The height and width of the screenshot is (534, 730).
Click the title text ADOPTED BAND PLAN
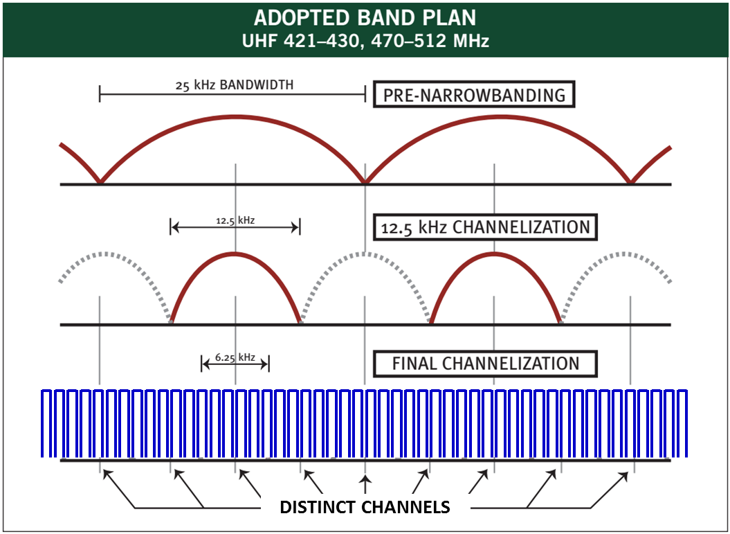(365, 17)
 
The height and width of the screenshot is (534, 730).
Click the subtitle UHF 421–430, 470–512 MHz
(365, 41)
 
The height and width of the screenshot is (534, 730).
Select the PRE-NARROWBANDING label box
(474, 95)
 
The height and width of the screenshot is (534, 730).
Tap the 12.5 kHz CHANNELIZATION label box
(484, 226)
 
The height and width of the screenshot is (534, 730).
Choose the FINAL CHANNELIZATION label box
(485, 363)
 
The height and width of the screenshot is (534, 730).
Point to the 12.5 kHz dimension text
(235, 221)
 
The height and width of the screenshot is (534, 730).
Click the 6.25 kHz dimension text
(235, 357)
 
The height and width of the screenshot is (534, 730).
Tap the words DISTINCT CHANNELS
(365, 508)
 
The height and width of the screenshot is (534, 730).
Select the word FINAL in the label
(414, 363)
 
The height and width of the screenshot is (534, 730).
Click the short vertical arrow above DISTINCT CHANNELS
(365, 483)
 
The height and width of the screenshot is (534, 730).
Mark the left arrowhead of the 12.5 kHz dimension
(174, 226)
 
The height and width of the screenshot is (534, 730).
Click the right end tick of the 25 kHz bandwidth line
(365, 94)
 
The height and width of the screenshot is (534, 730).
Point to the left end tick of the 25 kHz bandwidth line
(100, 94)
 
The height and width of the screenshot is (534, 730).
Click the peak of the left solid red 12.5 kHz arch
(235, 253)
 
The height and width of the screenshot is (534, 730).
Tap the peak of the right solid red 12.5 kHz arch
(494, 253)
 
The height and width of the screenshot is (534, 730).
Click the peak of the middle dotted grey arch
(365, 252)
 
